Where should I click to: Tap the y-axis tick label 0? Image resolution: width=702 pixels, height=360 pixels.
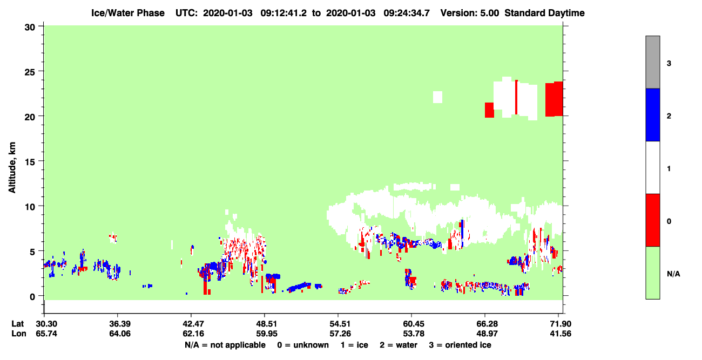[x=32, y=297]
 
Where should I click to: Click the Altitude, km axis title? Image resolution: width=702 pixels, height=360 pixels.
[x=12, y=168]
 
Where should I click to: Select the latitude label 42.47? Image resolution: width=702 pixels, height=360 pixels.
[x=193, y=324]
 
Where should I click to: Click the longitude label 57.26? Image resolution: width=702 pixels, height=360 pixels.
[x=340, y=334]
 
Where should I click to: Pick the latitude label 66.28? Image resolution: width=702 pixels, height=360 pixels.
[x=487, y=324]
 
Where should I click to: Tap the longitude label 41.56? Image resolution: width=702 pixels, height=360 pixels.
[x=561, y=334]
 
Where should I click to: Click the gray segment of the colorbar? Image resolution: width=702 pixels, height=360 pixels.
[x=653, y=62]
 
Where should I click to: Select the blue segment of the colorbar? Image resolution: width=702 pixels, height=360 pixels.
[x=653, y=114]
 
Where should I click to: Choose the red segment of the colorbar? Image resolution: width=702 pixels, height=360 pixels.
[x=653, y=220]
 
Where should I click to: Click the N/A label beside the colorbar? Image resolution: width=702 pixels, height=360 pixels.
[x=673, y=274]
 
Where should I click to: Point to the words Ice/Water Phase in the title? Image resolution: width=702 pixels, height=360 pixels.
[x=128, y=13]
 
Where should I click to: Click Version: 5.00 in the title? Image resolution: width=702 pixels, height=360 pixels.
[x=470, y=13]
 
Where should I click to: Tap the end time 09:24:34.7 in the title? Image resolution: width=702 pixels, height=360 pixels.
[x=407, y=13]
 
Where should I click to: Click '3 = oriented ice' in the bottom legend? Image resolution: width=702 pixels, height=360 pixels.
[x=460, y=345]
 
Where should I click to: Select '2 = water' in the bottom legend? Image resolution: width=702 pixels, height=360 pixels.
[x=399, y=345]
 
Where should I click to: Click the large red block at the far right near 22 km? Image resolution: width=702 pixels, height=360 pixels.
[x=554, y=99]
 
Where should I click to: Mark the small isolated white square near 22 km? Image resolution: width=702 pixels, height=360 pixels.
[x=437, y=97]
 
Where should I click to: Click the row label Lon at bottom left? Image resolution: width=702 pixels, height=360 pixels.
[x=19, y=334]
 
